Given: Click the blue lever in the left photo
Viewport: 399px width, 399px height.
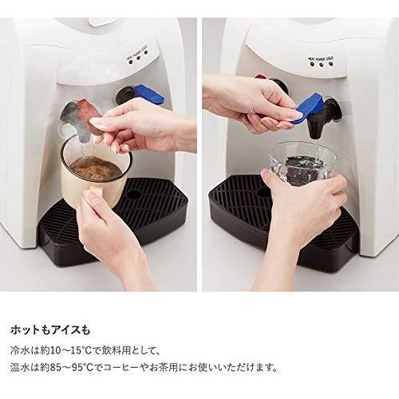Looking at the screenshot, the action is pyautogui.click(x=149, y=94).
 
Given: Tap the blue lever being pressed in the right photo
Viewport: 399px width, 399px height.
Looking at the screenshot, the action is pyautogui.click(x=310, y=108).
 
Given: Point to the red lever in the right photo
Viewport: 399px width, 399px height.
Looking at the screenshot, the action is pyautogui.click(x=261, y=77).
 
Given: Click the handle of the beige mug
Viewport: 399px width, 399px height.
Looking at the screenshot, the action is pyautogui.click(x=93, y=194).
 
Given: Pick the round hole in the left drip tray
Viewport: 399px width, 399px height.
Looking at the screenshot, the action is pyautogui.click(x=132, y=195).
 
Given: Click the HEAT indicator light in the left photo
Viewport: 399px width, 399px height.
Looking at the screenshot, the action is pyautogui.click(x=130, y=61).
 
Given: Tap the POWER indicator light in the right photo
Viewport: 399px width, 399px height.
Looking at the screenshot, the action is pyautogui.click(x=321, y=65).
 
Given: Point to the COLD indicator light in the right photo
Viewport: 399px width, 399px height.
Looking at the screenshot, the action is pyautogui.click(x=330, y=64).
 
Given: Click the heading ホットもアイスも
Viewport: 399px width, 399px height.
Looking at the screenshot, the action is pyautogui.click(x=50, y=330).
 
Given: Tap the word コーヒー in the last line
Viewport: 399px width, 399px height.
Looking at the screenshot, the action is pyautogui.click(x=120, y=368).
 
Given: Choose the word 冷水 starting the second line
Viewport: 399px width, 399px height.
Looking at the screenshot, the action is pyautogui.click(x=19, y=350).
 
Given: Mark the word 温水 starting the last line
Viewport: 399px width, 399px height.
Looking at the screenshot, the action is pyautogui.click(x=19, y=368).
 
